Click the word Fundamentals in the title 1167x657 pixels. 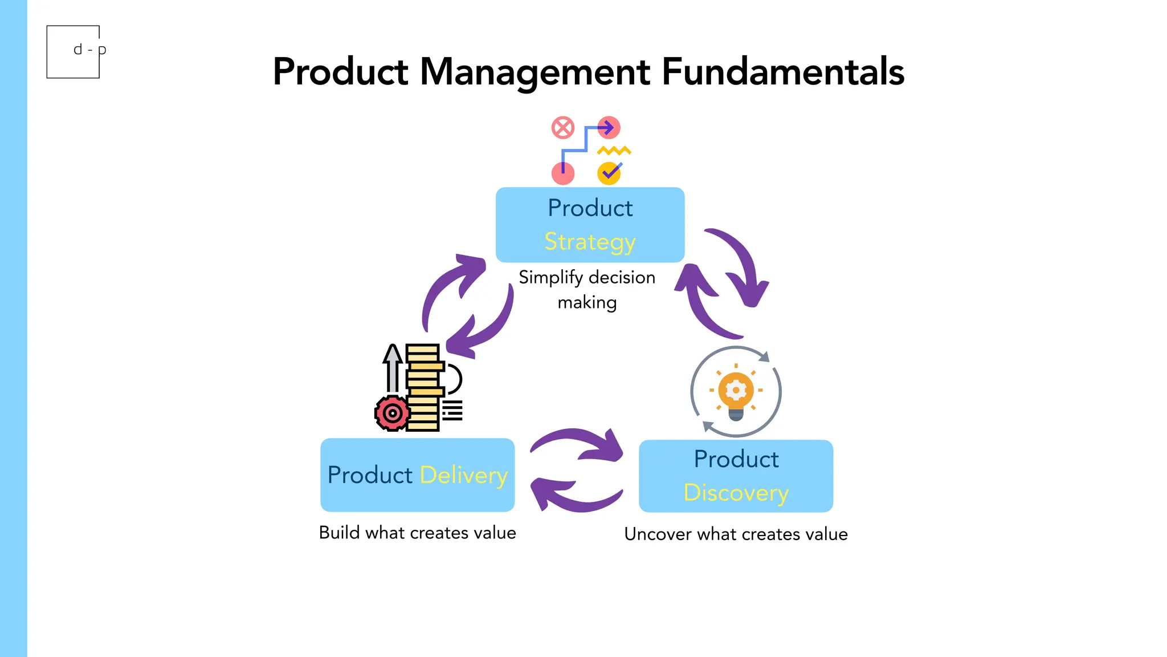[x=782, y=72]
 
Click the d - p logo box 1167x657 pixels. [x=74, y=51]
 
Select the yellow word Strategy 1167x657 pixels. [x=590, y=242]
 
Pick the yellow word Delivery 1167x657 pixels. [x=463, y=475]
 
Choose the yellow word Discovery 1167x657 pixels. [x=736, y=493]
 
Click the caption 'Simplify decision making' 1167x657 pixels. [x=587, y=289]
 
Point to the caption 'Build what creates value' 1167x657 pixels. [x=417, y=533]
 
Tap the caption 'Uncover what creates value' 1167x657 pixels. [x=736, y=534]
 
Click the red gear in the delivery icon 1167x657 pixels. [x=392, y=413]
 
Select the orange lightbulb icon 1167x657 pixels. [x=736, y=392]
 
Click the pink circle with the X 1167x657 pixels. [x=563, y=128]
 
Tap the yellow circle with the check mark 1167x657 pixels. [x=609, y=173]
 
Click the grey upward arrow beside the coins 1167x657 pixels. [x=392, y=368]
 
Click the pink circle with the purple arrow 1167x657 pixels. [x=609, y=128]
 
